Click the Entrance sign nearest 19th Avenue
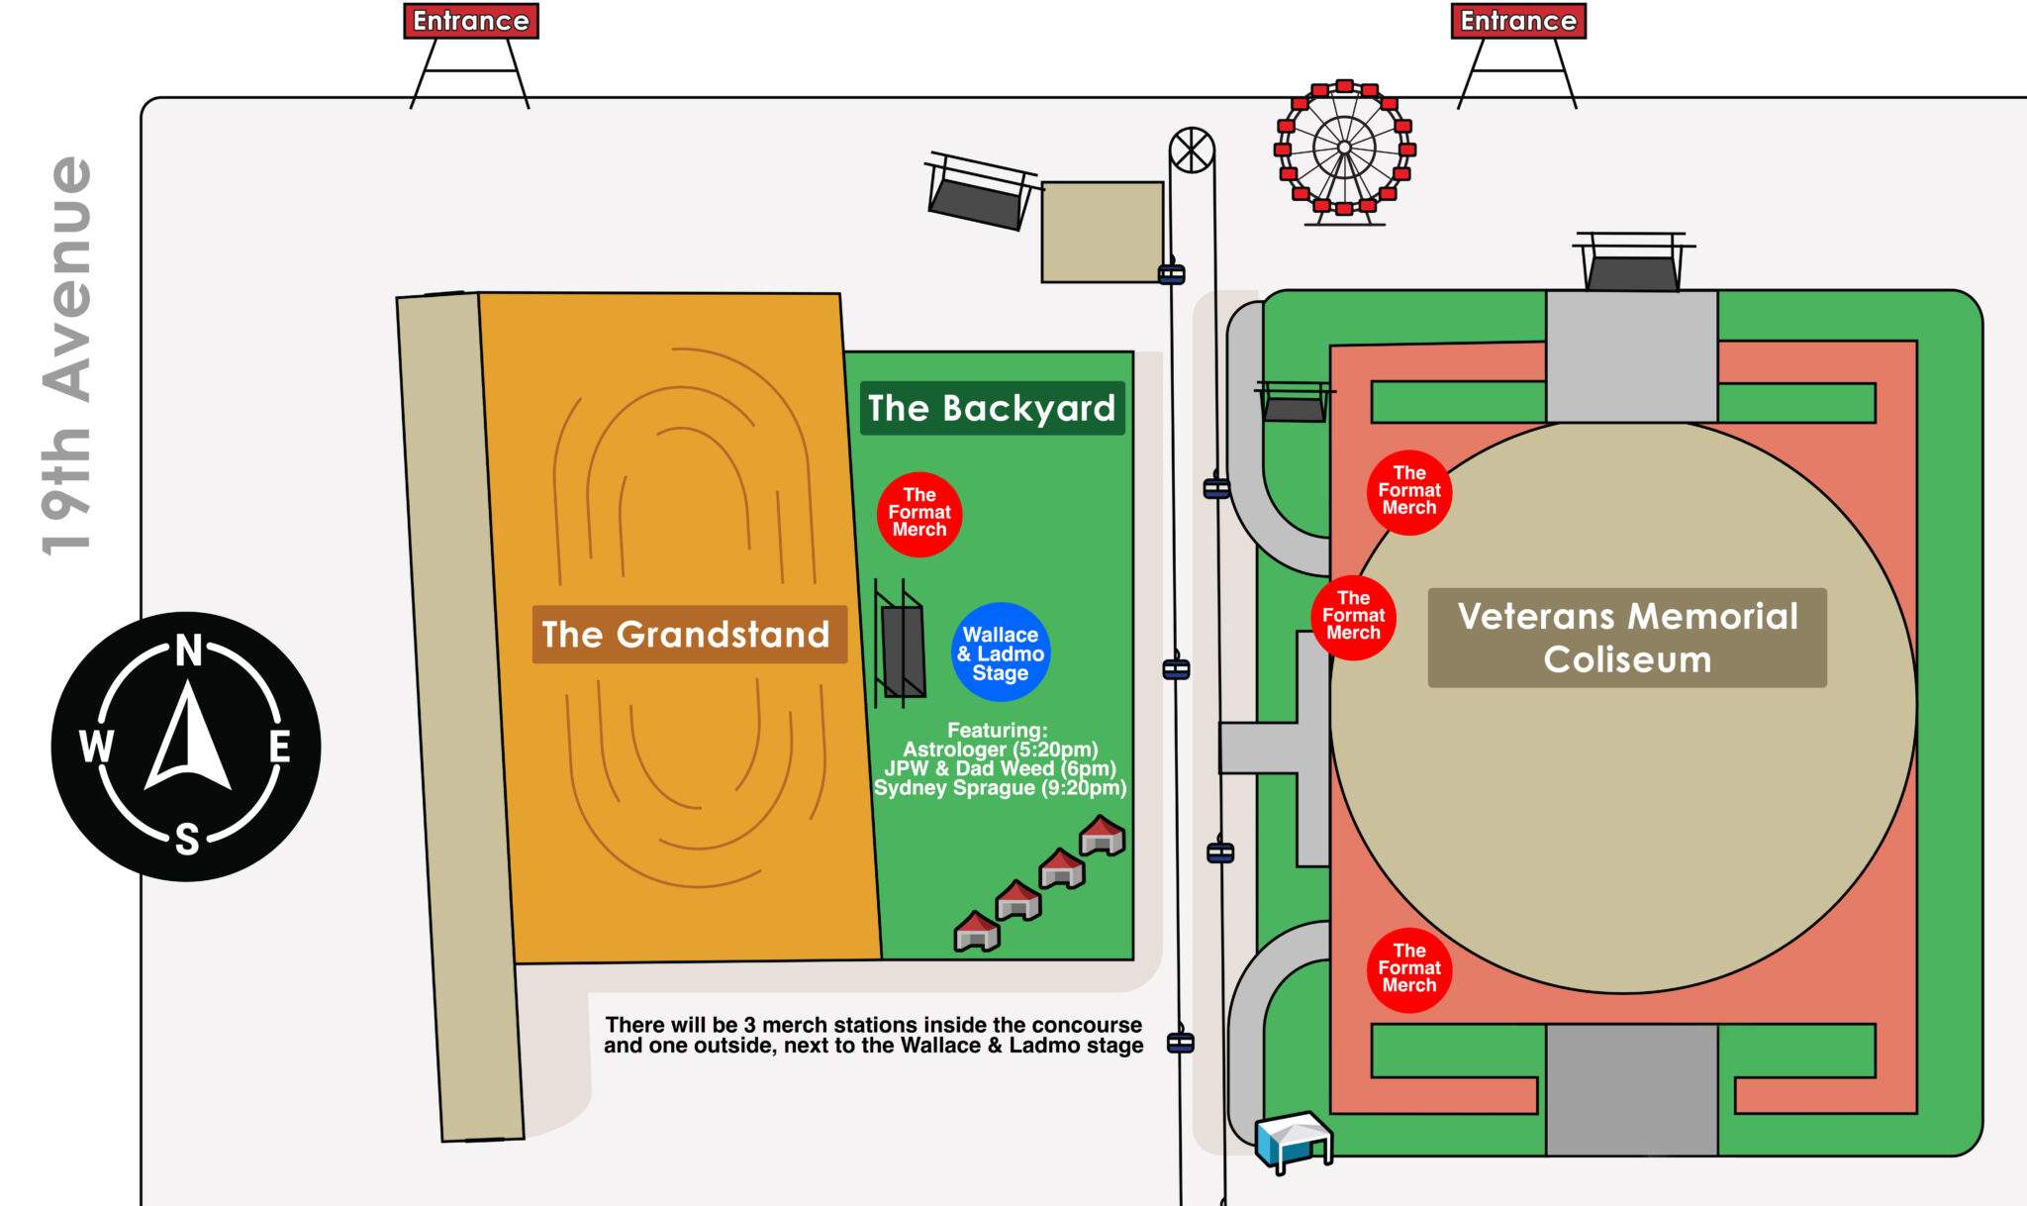click(x=471, y=21)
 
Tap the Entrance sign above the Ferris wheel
click(x=1518, y=21)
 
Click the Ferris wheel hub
click(x=1344, y=148)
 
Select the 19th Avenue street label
click(x=67, y=356)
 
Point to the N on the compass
click(x=188, y=651)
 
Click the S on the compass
click(x=187, y=839)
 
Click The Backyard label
click(x=992, y=408)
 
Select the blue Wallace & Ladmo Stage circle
click(x=1001, y=653)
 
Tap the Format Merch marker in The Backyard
click(x=919, y=514)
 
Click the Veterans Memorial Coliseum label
click(x=1627, y=638)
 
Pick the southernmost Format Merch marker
click(x=1409, y=969)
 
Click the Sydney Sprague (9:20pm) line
click(x=1000, y=788)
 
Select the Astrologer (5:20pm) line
click(x=1001, y=750)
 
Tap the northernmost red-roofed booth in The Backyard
click(x=1102, y=835)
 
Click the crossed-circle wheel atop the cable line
click(x=1192, y=151)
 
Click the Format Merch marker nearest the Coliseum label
click(x=1353, y=617)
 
